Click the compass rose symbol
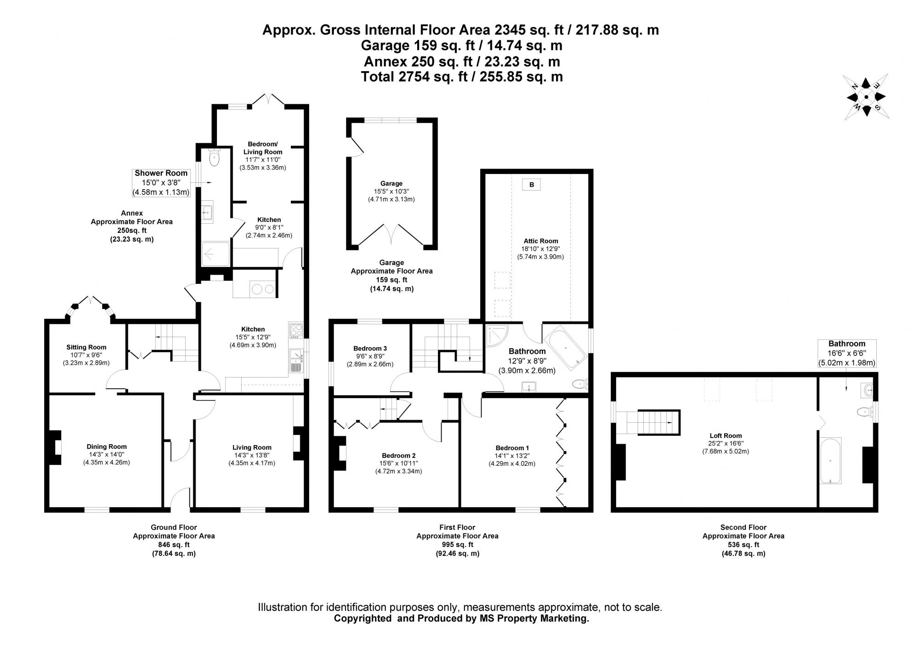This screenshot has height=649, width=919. tap(866, 97)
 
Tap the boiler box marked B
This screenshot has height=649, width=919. tap(531, 185)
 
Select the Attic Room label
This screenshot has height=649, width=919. tap(540, 241)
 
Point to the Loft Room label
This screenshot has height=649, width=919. tap(726, 435)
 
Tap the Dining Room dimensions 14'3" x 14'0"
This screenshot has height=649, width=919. tap(107, 454)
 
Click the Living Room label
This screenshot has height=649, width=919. tap(252, 447)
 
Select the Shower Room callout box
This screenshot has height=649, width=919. tap(161, 182)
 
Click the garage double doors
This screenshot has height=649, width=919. tap(391, 235)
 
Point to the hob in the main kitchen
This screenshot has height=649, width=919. tap(296, 331)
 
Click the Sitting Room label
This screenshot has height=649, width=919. tap(86, 347)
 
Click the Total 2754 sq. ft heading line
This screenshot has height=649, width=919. tap(461, 77)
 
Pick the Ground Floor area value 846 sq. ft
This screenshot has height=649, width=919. tap(174, 545)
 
